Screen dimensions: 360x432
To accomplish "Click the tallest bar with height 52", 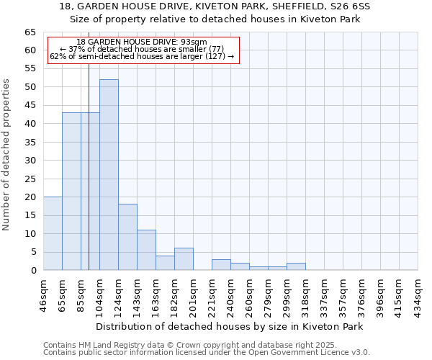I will click(x=109, y=175).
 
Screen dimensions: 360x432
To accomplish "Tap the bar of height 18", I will click(x=127, y=237).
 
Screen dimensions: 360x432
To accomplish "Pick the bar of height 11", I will click(x=146, y=250).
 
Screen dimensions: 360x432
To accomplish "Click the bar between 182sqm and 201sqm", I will click(x=184, y=259).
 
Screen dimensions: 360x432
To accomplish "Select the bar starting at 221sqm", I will click(x=221, y=264).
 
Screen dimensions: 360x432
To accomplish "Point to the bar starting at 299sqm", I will click(x=296, y=266).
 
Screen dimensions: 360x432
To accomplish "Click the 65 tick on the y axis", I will click(x=30, y=32).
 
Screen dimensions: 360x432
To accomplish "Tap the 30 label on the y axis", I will click(x=30, y=161).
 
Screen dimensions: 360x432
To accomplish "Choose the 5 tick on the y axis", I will click(x=33, y=252).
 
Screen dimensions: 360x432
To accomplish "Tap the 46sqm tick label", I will click(x=43, y=294).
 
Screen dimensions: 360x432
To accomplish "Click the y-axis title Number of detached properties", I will click(x=8, y=154).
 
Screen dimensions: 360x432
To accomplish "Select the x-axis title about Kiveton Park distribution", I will click(x=229, y=326).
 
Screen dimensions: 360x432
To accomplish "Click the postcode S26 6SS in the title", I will click(x=349, y=6).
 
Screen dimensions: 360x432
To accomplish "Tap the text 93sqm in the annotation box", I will click(x=194, y=42).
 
